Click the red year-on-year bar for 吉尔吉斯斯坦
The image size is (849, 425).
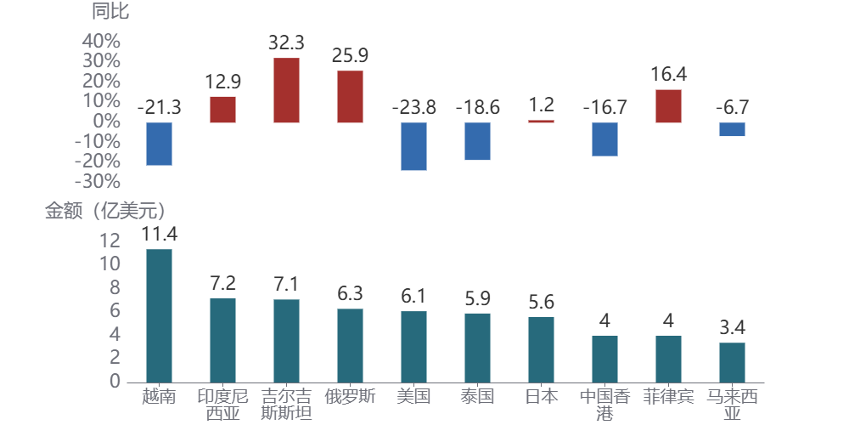point(286,90)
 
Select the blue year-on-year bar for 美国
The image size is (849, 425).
point(413,146)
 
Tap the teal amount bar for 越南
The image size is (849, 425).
point(159,315)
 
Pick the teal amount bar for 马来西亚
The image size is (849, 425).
point(732,362)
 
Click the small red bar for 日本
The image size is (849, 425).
point(541,121)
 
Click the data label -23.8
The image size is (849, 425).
point(413,107)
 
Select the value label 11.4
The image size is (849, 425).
point(159,234)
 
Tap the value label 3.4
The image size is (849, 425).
point(732,327)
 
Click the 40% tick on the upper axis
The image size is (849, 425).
point(101,41)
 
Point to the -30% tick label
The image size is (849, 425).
point(97,182)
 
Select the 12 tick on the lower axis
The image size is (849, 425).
point(110,241)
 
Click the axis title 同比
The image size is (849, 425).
point(110,12)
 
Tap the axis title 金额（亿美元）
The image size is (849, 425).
point(104,211)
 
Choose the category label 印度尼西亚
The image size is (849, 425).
point(222,405)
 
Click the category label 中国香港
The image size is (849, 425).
point(604,405)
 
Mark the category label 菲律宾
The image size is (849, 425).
point(668,396)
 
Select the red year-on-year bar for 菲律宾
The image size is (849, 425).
point(668,106)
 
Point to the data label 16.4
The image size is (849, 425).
point(668,75)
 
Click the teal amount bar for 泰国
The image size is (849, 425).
point(477,348)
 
